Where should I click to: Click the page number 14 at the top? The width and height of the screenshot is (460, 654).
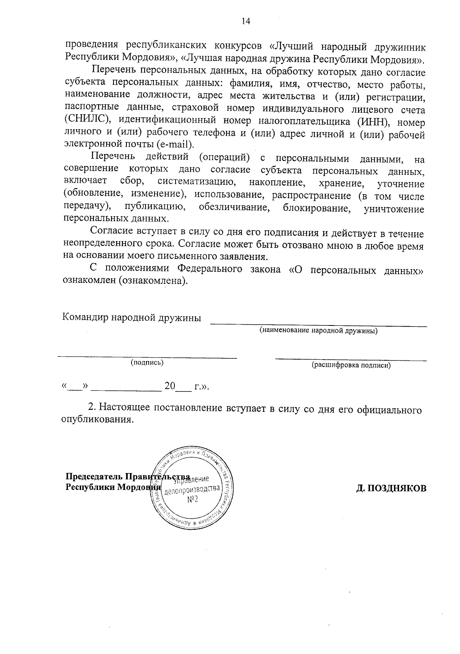tap(245, 21)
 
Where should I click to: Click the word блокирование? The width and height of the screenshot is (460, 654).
tap(316, 209)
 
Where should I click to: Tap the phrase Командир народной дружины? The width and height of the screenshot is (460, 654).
tap(132, 318)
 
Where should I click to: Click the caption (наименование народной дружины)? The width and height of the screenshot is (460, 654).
tap(318, 330)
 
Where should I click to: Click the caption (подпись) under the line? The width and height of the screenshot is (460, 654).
tap(147, 363)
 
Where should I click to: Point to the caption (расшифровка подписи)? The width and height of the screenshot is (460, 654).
tap(351, 365)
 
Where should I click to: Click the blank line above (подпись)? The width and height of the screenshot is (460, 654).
tap(147, 357)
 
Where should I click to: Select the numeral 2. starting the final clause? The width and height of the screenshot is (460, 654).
tap(92, 407)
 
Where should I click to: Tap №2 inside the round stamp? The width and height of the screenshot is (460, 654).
tap(192, 500)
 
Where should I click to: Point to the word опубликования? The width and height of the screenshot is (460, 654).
tap(97, 420)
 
